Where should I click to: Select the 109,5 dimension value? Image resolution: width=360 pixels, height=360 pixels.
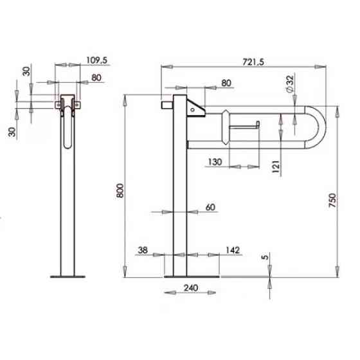tap(96, 61)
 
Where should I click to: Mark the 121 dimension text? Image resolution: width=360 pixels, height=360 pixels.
tap(276, 165)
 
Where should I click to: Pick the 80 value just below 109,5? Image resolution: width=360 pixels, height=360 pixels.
tap(96, 78)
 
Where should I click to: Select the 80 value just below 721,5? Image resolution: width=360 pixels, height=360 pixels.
tap(227, 83)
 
